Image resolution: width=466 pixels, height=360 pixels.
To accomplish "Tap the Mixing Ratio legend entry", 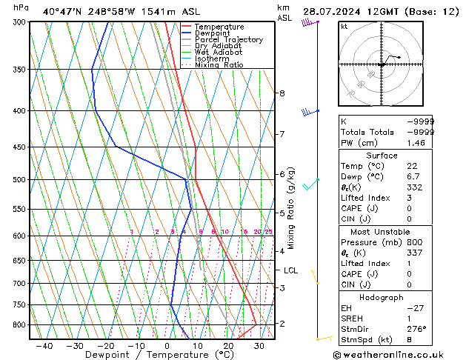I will [219, 65].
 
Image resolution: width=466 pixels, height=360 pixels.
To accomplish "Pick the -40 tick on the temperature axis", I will [44, 346].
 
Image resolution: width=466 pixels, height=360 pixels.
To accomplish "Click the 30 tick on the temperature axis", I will [259, 346].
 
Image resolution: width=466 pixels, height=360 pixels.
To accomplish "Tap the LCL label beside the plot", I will [290, 271].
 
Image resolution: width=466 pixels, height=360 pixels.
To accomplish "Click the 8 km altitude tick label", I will [282, 93].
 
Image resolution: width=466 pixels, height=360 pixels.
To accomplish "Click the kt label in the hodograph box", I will [344, 27].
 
